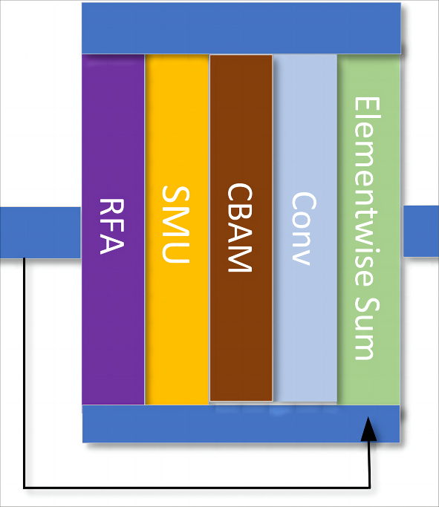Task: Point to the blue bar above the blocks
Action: point(241,28)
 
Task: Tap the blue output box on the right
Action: point(421,232)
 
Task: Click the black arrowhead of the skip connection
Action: point(369,430)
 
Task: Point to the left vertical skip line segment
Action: point(25,371)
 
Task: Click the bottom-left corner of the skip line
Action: point(25,487)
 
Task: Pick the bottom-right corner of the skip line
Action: point(369,487)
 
